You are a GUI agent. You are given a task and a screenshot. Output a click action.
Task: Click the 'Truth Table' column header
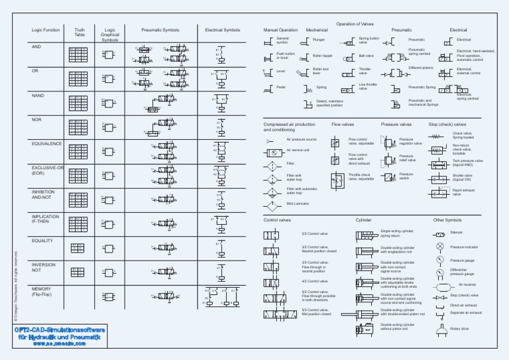(x=80, y=32)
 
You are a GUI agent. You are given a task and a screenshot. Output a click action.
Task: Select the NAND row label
(x=38, y=95)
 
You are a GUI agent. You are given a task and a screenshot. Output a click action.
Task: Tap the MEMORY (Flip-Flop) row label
(x=42, y=292)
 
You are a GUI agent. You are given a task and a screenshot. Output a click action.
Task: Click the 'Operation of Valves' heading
(x=355, y=23)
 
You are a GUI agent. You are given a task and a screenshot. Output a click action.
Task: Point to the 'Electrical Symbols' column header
(x=223, y=30)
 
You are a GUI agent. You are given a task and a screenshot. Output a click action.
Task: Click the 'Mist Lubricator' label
(x=298, y=204)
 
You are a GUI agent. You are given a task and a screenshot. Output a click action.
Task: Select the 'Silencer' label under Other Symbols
(x=457, y=233)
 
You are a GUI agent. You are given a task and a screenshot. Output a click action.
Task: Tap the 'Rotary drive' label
(x=459, y=328)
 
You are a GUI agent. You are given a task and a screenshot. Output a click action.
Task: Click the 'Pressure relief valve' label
(x=408, y=158)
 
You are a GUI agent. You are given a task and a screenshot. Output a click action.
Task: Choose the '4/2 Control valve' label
(x=315, y=281)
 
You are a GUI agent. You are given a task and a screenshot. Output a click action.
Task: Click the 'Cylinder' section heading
(x=364, y=219)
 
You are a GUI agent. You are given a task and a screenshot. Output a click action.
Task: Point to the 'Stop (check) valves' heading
(x=447, y=124)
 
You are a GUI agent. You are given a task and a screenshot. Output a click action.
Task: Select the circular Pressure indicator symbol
(x=439, y=247)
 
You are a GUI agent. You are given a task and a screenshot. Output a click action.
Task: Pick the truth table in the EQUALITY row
(x=78, y=248)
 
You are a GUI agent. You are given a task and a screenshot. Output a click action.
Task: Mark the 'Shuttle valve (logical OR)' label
(x=462, y=178)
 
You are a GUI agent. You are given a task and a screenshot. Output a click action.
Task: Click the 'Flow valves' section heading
(x=344, y=124)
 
